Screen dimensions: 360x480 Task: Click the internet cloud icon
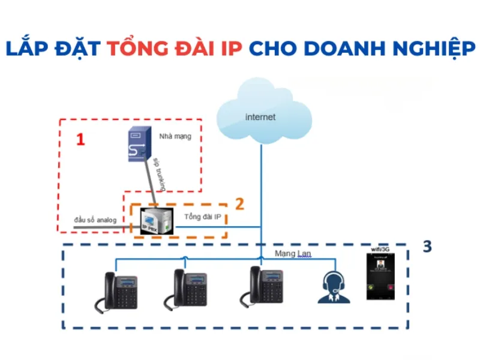pyautogui.click(x=262, y=114)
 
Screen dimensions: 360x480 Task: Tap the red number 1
pyautogui.click(x=80, y=140)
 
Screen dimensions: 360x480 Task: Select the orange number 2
pyautogui.click(x=239, y=203)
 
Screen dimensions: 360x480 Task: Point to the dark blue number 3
pyautogui.click(x=427, y=246)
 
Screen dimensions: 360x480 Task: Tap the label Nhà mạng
pyautogui.click(x=175, y=136)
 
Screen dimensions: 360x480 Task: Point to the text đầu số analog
pyautogui.click(x=95, y=220)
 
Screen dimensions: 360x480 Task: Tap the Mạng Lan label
pyautogui.click(x=291, y=254)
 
